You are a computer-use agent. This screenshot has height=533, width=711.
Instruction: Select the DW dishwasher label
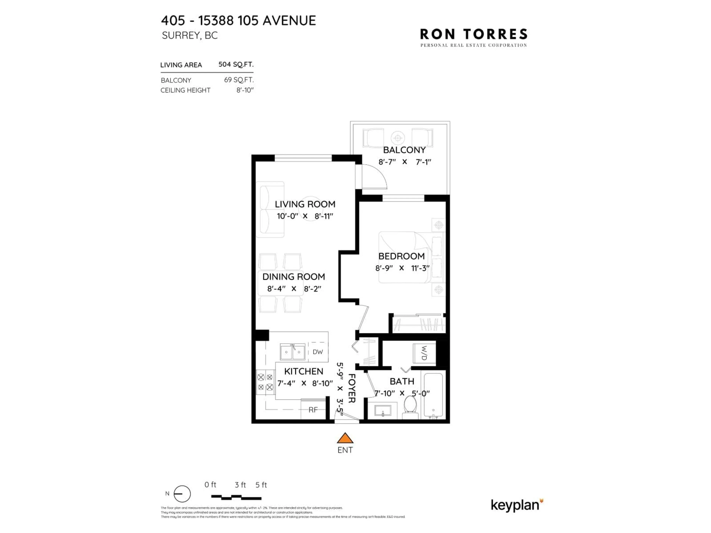[x=318, y=352]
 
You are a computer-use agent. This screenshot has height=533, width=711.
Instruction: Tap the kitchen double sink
[x=293, y=352]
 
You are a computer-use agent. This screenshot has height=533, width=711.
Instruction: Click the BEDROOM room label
[x=401, y=256]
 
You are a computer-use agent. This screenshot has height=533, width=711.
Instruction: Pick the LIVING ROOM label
[x=305, y=204]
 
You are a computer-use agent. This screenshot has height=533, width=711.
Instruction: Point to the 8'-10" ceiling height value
[x=245, y=90]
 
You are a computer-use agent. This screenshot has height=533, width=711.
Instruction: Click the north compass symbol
[x=182, y=494]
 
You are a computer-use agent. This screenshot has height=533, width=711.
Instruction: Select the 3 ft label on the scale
[x=240, y=485]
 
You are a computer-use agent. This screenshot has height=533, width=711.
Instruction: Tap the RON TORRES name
[x=473, y=34]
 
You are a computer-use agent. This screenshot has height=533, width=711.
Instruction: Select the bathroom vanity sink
[x=383, y=411]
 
